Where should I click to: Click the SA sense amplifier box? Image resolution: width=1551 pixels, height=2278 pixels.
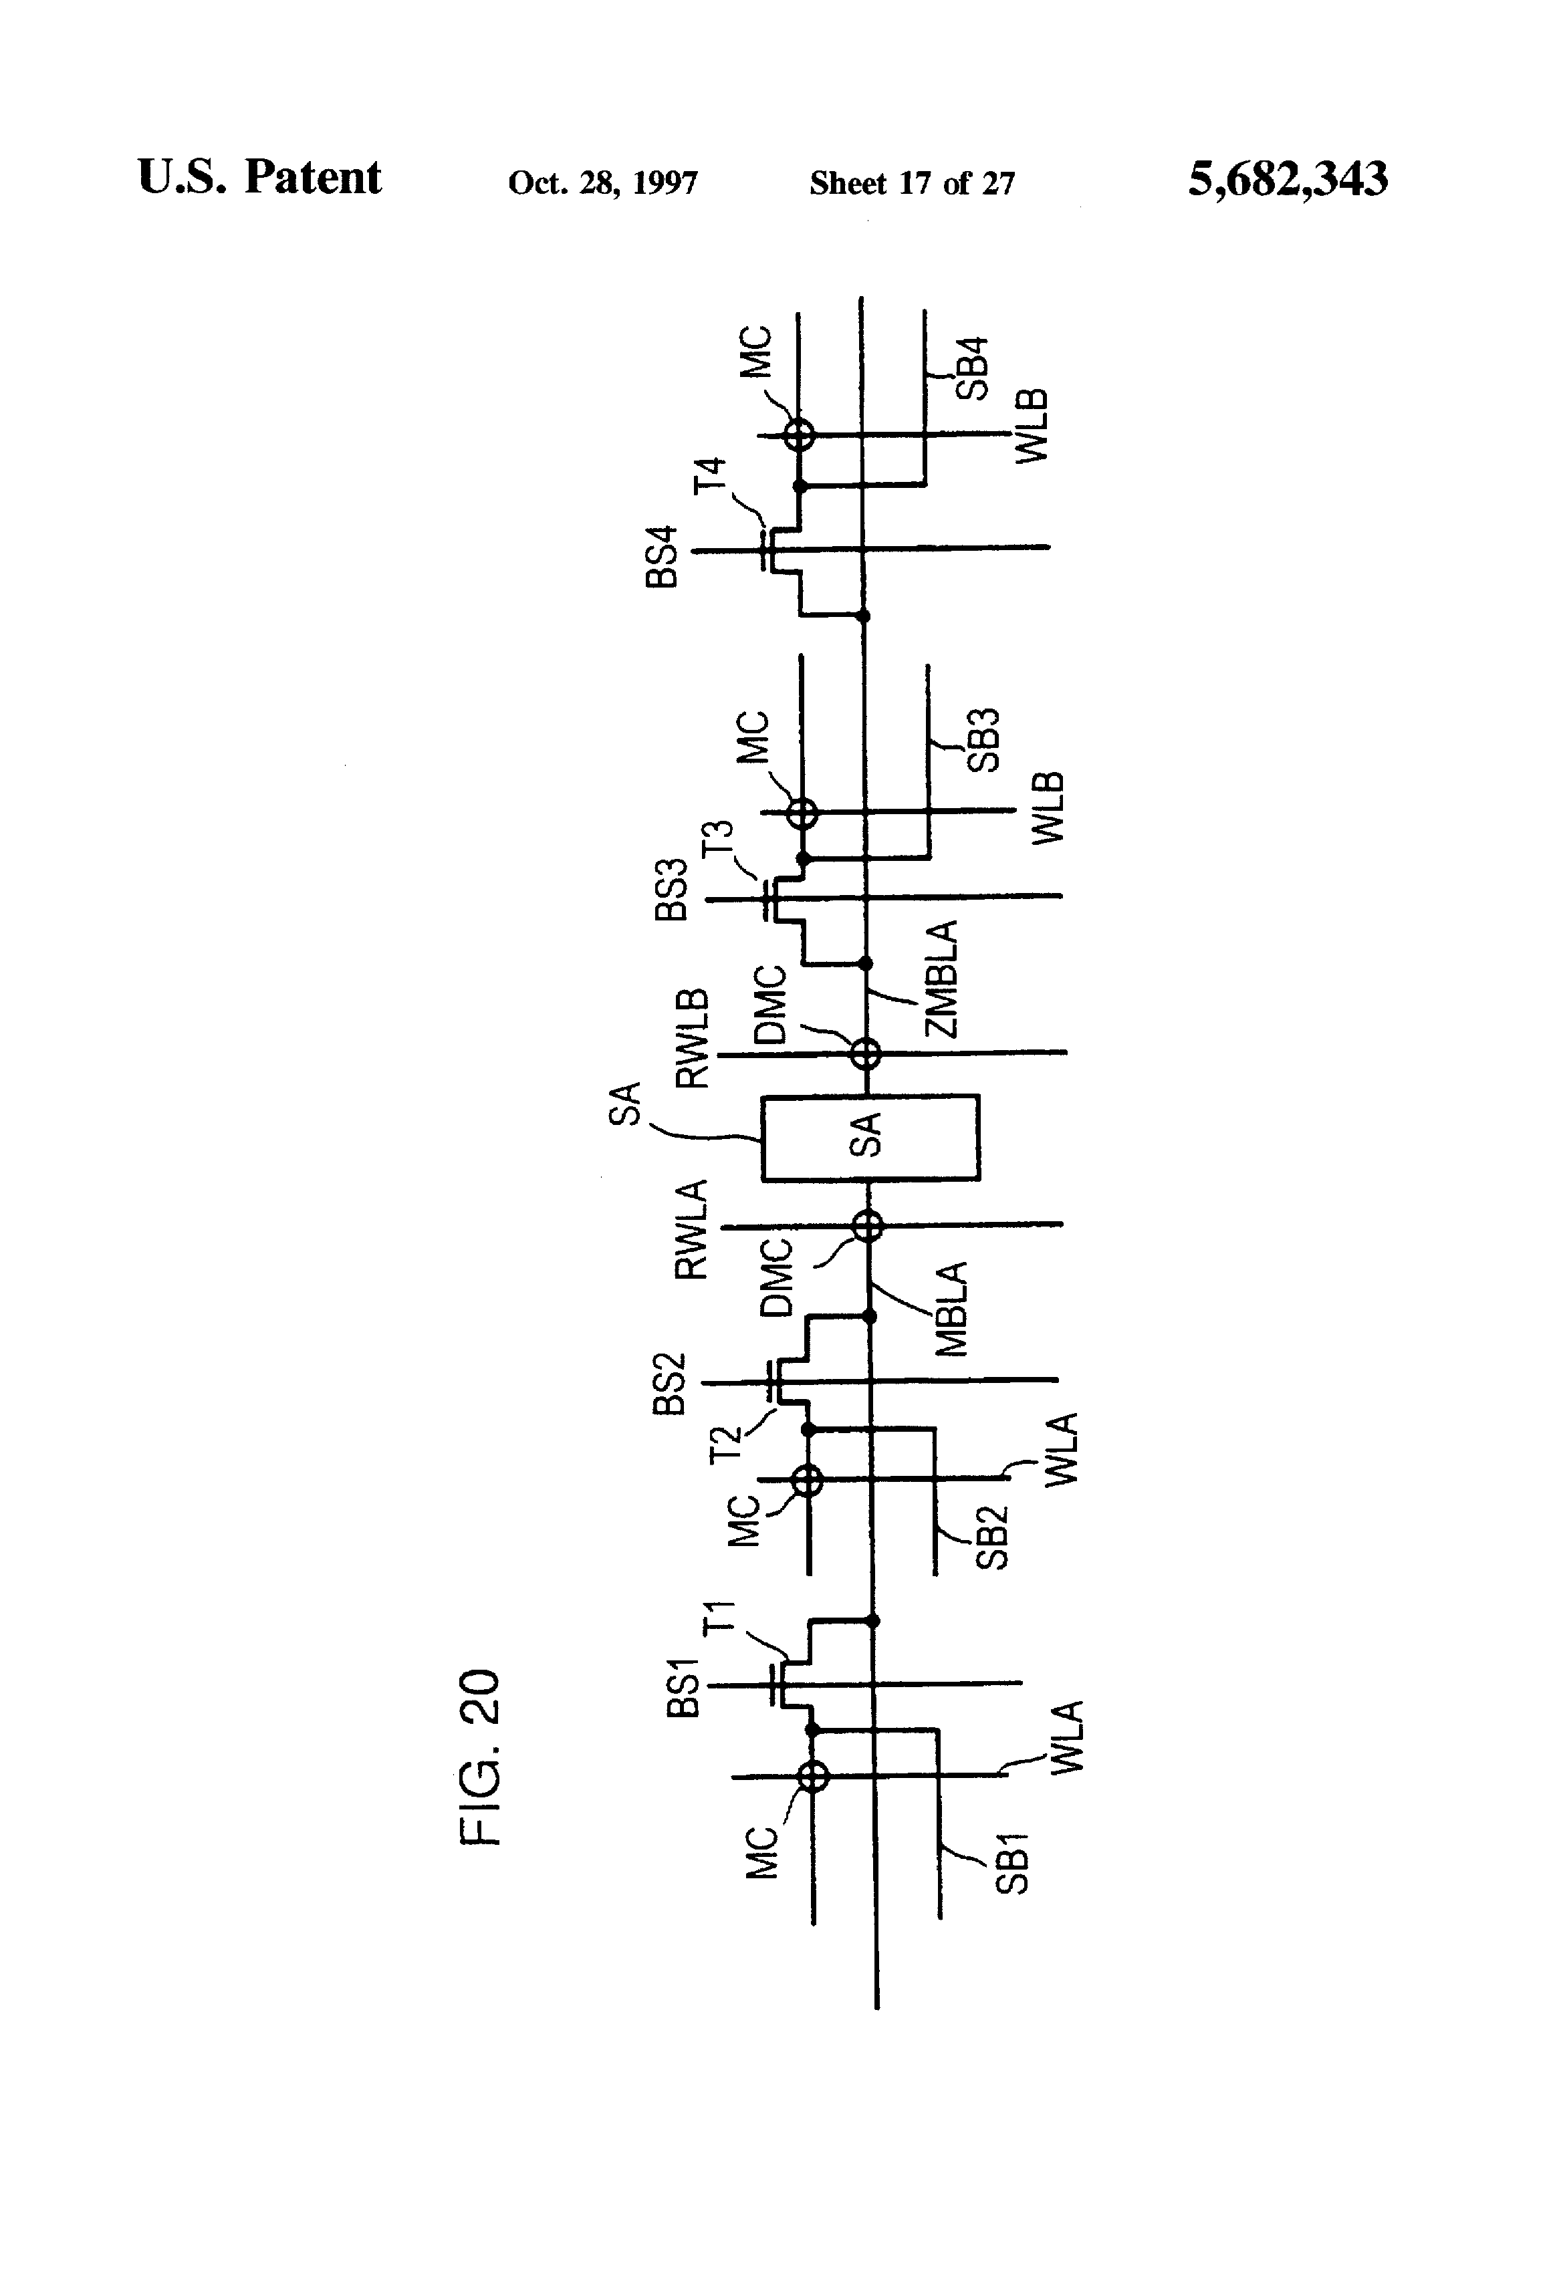point(870,1137)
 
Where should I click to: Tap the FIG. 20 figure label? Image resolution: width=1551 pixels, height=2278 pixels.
point(481,1757)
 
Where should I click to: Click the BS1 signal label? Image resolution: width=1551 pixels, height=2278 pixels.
point(683,1688)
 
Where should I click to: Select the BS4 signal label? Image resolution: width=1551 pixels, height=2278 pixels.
point(663,557)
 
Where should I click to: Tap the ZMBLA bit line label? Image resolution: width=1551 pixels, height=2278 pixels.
point(941,979)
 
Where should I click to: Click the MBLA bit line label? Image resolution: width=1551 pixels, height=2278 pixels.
point(952,1309)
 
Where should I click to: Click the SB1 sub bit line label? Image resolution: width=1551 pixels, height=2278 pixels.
point(1011,1862)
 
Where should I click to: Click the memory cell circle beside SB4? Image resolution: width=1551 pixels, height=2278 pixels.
point(800,433)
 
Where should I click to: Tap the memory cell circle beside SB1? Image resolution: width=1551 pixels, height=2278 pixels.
point(813,1775)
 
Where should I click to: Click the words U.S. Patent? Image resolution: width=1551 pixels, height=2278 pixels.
point(260,178)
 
